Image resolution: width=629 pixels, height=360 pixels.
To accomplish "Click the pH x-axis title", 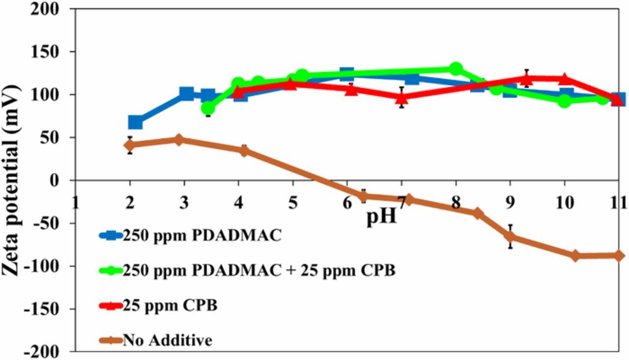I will [x=381, y=216].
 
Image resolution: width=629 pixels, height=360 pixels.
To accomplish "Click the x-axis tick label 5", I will [x=293, y=202].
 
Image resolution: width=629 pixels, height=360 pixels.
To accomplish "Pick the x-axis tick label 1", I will [x=76, y=202].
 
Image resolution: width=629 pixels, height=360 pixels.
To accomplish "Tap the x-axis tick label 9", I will [x=510, y=202].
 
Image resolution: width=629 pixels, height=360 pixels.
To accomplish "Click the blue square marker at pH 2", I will [x=135, y=122].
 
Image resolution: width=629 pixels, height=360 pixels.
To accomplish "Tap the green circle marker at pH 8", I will [x=456, y=69].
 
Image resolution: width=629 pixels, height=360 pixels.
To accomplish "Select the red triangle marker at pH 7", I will [x=401, y=97].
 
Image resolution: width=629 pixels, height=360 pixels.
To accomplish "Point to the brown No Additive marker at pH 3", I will [x=179, y=140].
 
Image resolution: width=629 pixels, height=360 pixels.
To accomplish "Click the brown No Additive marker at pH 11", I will [x=618, y=255].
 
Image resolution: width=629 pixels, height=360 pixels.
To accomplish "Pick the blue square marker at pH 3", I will [x=186, y=93].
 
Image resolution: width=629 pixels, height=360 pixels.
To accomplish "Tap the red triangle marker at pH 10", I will [x=564, y=79].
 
